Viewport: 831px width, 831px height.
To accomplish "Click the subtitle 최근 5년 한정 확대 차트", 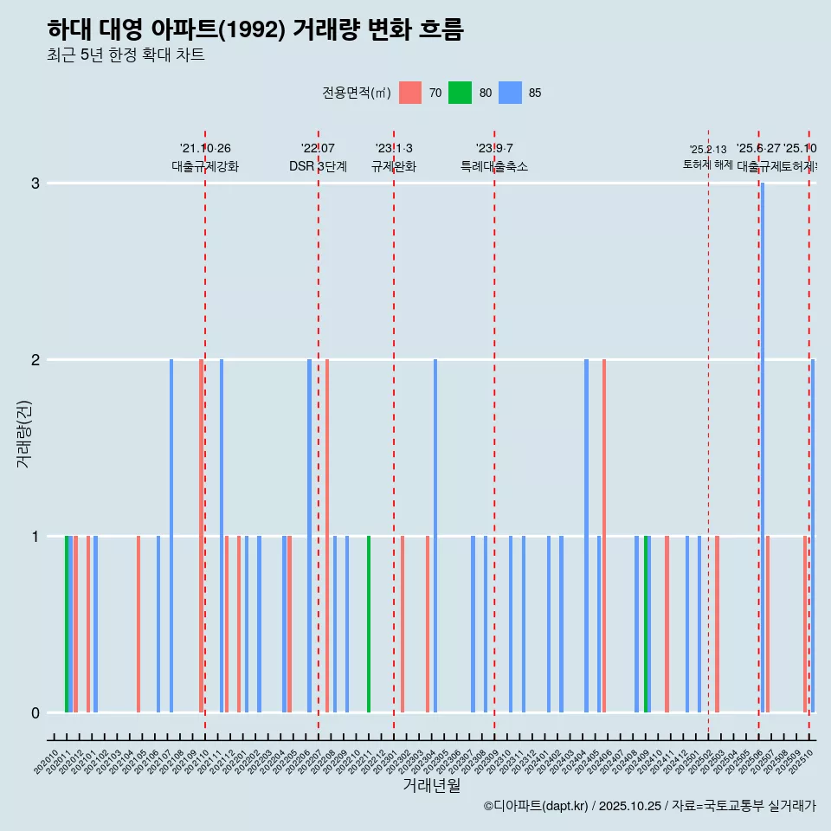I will click(126, 55).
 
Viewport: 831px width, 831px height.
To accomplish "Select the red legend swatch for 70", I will click(410, 93).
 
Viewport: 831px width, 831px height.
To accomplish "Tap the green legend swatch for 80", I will click(460, 93).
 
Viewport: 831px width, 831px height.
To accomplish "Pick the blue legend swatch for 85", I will click(511, 93).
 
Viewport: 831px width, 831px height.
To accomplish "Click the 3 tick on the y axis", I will click(35, 184).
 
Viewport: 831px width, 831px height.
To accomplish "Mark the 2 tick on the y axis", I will click(35, 360).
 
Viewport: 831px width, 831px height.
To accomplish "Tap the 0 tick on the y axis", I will click(35, 713).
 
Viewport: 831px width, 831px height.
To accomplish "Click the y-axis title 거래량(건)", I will click(23, 434).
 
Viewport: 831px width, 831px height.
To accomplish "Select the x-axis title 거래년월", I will click(431, 785).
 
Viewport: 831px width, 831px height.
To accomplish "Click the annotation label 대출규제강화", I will click(204, 167).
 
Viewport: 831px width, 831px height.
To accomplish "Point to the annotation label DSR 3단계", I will click(318, 167).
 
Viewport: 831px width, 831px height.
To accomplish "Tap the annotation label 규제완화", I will click(394, 167).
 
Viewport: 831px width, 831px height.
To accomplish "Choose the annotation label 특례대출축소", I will click(494, 167).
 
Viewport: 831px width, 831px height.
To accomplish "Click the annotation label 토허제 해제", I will click(708, 164).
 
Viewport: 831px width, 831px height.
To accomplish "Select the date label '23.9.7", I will click(494, 149).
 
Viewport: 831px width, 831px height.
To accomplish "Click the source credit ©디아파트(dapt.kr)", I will click(536, 806).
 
